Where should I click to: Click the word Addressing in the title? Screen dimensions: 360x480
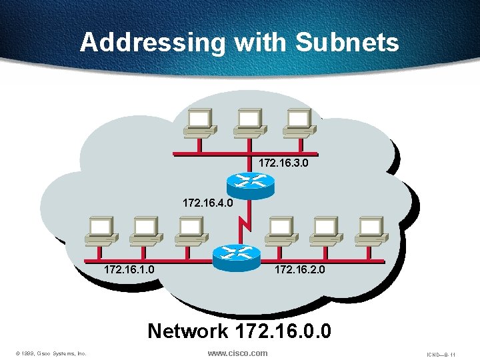[153, 43]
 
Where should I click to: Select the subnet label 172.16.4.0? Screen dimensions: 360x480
[208, 201]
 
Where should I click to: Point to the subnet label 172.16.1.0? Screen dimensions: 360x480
[129, 270]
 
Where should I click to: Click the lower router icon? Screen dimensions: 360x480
[235, 254]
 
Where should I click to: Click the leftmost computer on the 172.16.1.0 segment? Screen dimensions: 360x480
[101, 230]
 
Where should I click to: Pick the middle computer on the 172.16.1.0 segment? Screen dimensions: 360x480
[145, 230]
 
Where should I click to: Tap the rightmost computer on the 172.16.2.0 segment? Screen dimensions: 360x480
[371, 230]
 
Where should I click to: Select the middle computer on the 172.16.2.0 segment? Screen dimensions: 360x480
[325, 230]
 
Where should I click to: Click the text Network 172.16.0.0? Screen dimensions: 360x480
[239, 331]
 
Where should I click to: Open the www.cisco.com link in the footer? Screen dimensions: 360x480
[237, 353]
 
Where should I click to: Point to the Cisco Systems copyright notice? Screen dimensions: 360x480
[51, 354]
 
